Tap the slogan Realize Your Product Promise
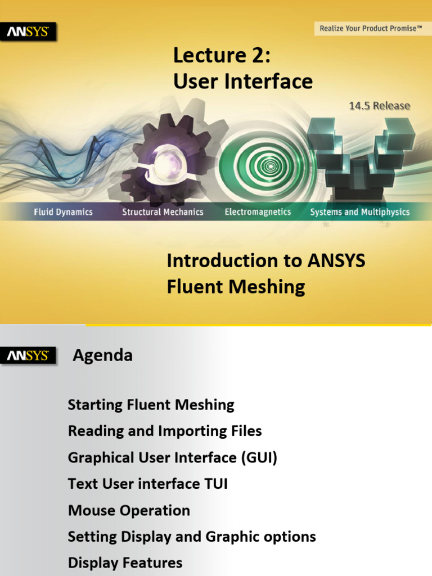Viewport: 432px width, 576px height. click(370, 28)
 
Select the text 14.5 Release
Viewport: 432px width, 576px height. click(380, 106)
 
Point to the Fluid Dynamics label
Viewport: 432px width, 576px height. click(63, 212)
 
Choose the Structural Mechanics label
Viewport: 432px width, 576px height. click(163, 212)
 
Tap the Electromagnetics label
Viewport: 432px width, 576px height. click(258, 212)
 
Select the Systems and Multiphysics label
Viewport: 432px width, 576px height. click(360, 212)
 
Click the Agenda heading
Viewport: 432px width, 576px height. click(103, 355)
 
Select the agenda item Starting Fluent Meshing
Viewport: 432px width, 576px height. click(151, 404)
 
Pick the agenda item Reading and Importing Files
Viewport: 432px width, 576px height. click(165, 431)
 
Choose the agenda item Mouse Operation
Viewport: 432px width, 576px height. click(129, 510)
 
